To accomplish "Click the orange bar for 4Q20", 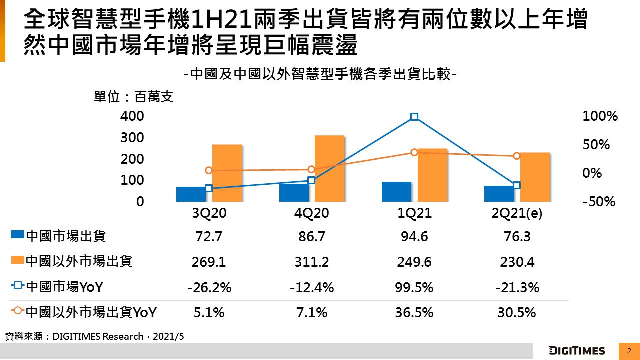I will [329, 168].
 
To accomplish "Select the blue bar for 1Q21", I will [396, 192].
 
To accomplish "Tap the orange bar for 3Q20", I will [227, 173].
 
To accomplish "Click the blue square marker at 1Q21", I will [414, 117].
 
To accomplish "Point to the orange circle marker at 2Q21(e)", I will [517, 156].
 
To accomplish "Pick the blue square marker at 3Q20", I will [209, 188].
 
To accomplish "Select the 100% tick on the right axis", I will [600, 116].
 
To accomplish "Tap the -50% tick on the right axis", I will [599, 202].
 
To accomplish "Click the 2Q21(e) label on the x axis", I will [517, 214].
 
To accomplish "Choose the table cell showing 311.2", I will [312, 262].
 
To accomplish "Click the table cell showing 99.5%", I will [414, 288].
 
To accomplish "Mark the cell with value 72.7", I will [209, 236].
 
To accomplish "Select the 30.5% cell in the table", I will [517, 313].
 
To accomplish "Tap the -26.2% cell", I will [209, 288].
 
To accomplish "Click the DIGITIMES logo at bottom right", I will [576, 350].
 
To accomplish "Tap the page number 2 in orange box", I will [629, 350].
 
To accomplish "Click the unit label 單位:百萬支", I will [134, 97].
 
